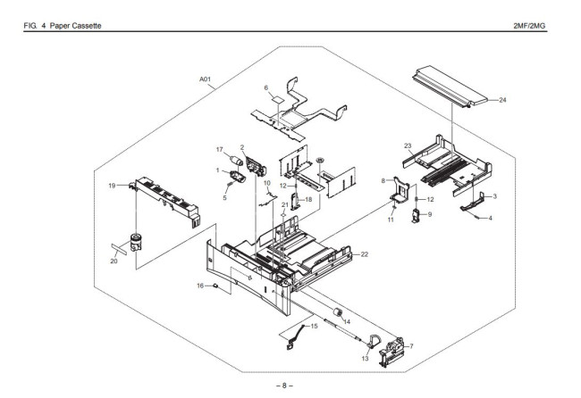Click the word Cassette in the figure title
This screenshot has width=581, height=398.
(85, 23)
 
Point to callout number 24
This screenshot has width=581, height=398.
(501, 100)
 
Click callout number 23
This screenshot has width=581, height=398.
(407, 145)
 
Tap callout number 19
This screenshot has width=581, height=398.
(113, 186)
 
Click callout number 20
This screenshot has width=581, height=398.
(114, 261)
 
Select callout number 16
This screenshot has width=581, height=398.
(200, 286)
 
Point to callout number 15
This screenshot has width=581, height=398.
(314, 327)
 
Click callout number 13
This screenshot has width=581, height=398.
(365, 358)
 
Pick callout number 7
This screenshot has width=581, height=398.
(410, 345)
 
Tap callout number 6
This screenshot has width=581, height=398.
(265, 87)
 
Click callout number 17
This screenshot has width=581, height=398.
(219, 150)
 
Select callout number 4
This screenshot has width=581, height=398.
(490, 218)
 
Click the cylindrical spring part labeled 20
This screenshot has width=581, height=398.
(137, 241)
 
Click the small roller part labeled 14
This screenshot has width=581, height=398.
(338, 311)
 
